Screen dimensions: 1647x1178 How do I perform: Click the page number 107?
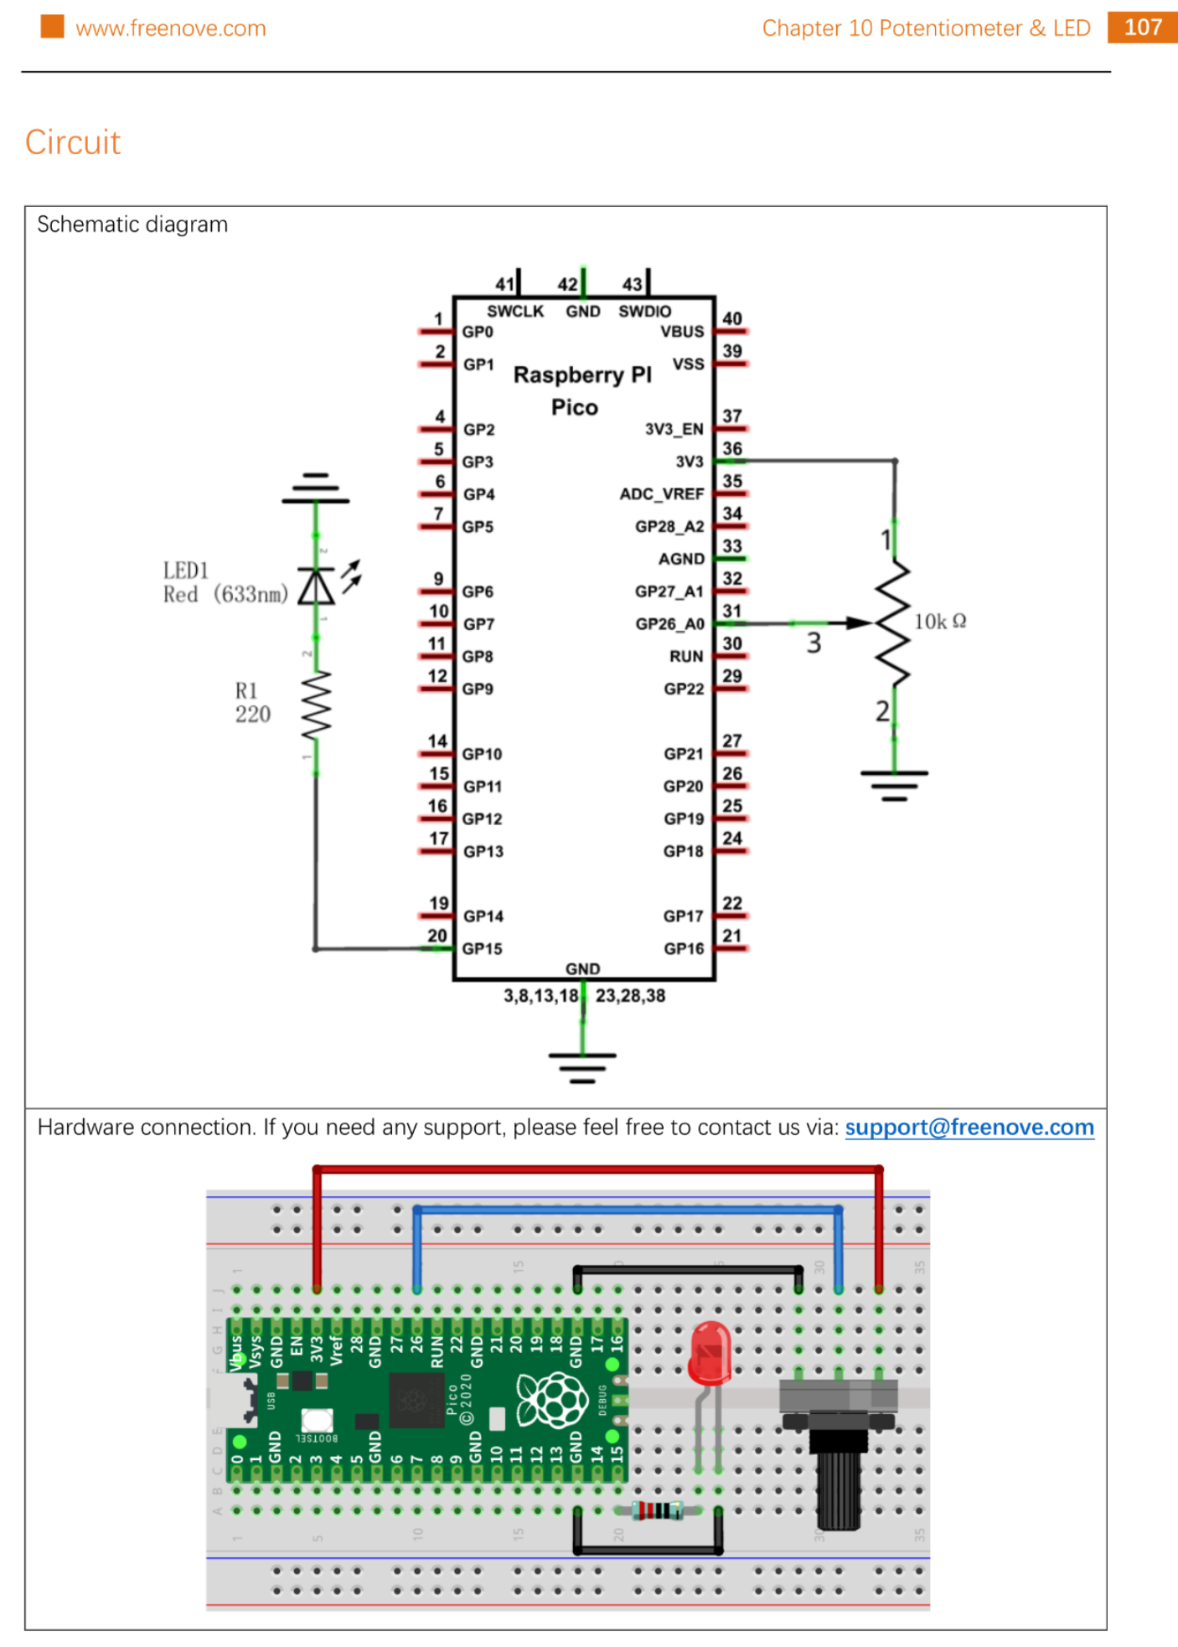[x=1142, y=28]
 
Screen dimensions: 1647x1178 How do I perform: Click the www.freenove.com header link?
[x=171, y=28]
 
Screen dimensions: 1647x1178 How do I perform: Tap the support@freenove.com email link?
[x=969, y=1128]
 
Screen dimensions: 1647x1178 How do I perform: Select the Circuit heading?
[x=73, y=142]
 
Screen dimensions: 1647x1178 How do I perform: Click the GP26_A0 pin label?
[x=669, y=624]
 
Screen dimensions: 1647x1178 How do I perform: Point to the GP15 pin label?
[x=483, y=949]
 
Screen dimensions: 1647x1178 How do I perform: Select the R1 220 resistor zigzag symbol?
[x=317, y=705]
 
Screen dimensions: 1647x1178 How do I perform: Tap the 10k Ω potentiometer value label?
[x=939, y=622]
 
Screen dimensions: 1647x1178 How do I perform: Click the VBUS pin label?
[x=682, y=332]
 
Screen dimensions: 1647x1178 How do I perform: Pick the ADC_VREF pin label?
[x=661, y=494]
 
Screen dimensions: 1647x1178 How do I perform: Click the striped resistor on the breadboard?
[x=658, y=1510]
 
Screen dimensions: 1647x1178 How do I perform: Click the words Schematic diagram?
[x=132, y=225]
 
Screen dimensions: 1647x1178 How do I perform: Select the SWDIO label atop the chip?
[x=644, y=312]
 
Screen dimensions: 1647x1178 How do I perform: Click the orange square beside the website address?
[x=52, y=27]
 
